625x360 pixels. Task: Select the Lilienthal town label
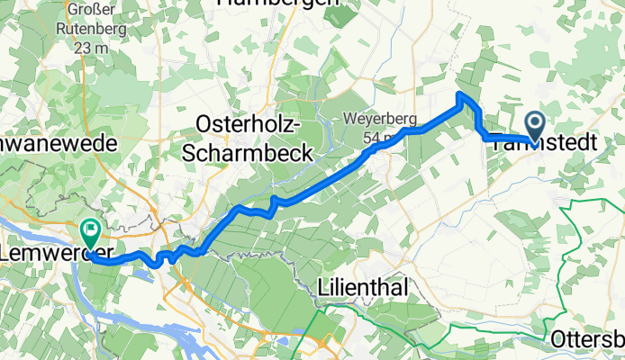(x=364, y=287)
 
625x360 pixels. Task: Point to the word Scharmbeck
(x=248, y=153)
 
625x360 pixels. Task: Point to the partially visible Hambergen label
(x=277, y=3)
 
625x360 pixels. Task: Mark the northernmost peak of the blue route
(x=461, y=94)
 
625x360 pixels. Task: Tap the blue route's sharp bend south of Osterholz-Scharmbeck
(x=273, y=200)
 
